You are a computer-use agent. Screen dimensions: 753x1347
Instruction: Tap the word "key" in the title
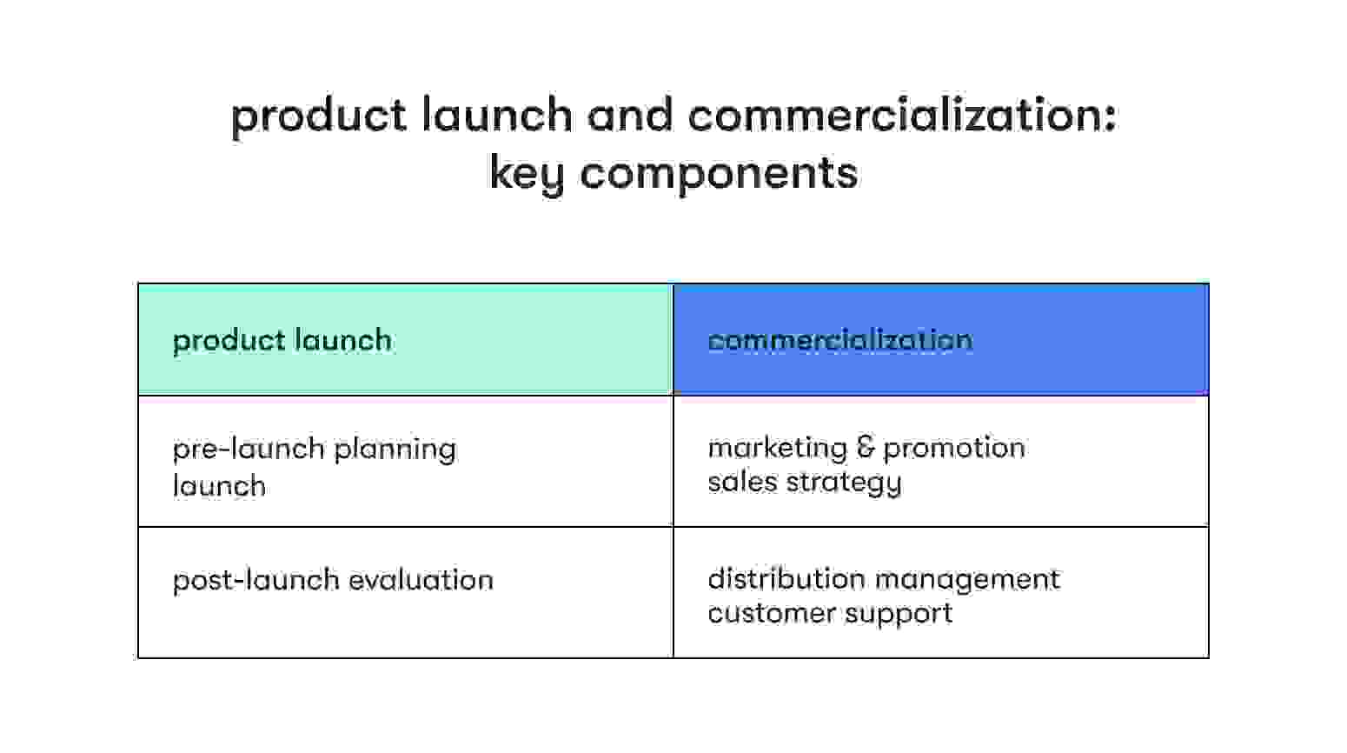coord(528,172)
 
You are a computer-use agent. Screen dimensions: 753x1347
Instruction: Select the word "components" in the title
coord(719,172)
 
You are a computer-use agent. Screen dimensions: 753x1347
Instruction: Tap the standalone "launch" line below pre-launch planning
coord(219,485)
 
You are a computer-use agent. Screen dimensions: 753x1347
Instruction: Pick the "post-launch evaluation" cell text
coord(333,580)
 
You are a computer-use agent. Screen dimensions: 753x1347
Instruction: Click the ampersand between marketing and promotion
coord(865,447)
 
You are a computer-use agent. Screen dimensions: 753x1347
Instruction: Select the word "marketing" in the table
coord(777,448)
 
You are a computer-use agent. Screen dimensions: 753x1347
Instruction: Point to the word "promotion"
coord(953,448)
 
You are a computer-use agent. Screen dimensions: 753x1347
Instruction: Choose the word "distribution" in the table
coord(787,579)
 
